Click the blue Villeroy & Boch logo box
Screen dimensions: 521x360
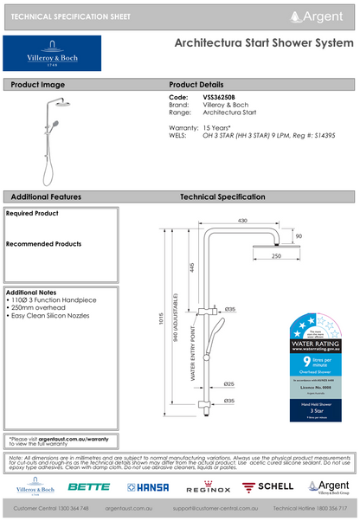52,55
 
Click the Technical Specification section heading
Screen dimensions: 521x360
222,197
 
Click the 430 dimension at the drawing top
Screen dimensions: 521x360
242,220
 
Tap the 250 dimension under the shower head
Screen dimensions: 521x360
276,257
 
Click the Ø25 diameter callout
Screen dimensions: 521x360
229,383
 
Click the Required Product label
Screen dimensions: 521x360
32,213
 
